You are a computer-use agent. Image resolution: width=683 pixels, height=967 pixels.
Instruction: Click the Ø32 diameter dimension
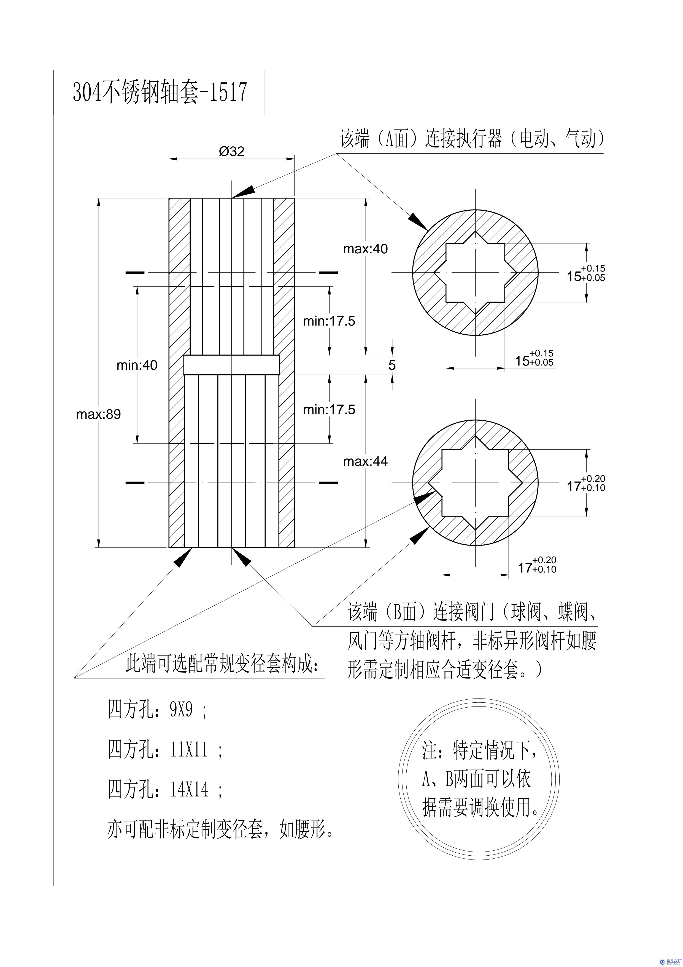(231, 151)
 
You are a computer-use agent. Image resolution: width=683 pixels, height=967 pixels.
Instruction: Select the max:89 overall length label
(98, 414)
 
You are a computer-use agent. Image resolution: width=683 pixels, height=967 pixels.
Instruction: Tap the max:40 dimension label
(365, 249)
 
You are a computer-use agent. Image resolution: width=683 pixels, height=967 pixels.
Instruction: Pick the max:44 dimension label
(365, 462)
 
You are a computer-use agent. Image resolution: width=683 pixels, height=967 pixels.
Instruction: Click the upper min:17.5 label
(329, 321)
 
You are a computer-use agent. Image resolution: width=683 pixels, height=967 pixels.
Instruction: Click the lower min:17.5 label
(329, 409)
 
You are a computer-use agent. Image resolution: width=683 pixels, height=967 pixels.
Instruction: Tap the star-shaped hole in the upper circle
(476, 273)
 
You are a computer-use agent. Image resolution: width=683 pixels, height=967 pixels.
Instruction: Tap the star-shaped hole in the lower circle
(476, 483)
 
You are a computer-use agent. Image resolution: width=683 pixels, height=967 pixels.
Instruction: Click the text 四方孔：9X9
(158, 711)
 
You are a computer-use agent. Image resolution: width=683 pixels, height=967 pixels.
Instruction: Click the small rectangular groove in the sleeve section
(231, 365)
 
